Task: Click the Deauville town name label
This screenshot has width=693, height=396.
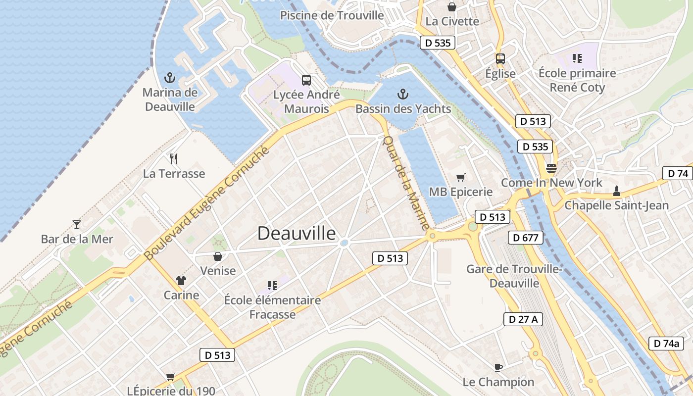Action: coord(297,234)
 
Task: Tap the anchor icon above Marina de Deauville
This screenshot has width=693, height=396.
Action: coord(170,78)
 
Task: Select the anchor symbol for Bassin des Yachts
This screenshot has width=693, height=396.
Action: coord(403,94)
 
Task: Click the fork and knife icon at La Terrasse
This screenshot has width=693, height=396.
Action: coord(174,159)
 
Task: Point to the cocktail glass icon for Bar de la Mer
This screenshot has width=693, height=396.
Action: coord(76,225)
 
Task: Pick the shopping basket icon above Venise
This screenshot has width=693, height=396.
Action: coord(217,256)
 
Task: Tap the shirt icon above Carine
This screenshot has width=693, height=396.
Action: coord(181,281)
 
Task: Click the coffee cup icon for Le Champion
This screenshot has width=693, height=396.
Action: coord(498,367)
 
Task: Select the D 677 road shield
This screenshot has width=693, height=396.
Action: coord(525,238)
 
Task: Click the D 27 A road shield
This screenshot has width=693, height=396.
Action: coord(523,319)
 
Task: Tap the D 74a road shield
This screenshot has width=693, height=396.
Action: coord(666,343)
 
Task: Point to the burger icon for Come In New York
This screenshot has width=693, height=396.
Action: coord(551,168)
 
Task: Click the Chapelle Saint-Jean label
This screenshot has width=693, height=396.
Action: coord(616,205)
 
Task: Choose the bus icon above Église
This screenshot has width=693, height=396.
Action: coord(500,59)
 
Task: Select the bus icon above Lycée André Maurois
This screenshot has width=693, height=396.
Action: coord(306,80)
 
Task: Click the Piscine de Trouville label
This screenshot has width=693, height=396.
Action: coord(332,15)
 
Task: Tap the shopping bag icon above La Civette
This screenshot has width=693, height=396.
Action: coord(452,7)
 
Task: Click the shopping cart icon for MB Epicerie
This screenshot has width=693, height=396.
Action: coord(461,177)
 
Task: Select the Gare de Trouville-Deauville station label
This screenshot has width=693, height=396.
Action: coord(514,276)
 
